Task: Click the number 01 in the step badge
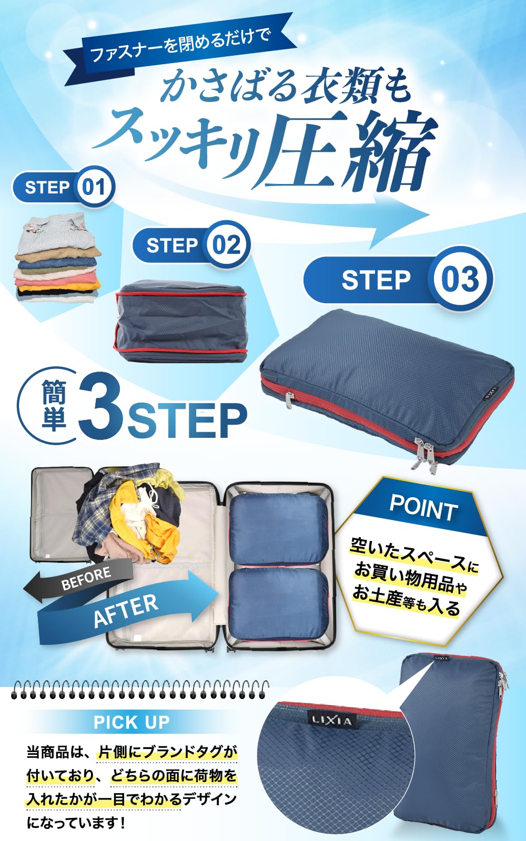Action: coord(94,188)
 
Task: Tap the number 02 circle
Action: coord(226,245)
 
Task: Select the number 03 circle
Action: coord(460,279)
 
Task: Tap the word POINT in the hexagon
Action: coord(423,508)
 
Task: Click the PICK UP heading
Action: coord(131,722)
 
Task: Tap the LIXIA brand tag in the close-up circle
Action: coord(332,720)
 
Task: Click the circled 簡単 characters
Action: coord(53,405)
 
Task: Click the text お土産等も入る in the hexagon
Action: coord(406,601)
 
